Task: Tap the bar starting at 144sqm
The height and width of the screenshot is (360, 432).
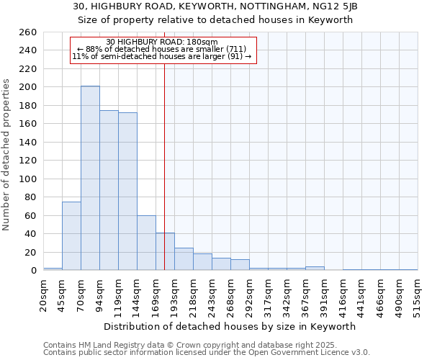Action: [x=146, y=243]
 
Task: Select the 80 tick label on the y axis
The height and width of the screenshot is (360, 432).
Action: [x=30, y=197]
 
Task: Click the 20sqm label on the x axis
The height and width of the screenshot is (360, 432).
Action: [x=43, y=293]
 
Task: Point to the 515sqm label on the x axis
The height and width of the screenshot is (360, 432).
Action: [x=418, y=293]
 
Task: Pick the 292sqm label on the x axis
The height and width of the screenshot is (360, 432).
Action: [x=249, y=293]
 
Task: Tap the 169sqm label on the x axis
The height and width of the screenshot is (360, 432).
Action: [x=156, y=293]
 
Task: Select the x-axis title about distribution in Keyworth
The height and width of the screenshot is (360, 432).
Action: [x=230, y=326]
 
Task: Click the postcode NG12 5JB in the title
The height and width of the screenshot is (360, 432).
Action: [x=330, y=6]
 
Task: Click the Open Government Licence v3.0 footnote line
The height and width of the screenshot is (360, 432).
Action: [x=207, y=353]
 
